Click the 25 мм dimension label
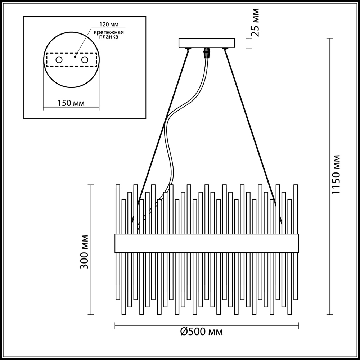click(256, 22)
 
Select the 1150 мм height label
click(336, 175)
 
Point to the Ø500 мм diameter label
click(201, 332)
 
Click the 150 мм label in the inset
click(71, 103)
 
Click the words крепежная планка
click(109, 35)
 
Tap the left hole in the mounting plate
click(59, 60)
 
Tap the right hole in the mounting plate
click(85, 60)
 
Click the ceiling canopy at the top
click(207, 43)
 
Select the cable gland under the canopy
click(207, 53)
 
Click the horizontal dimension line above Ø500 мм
click(206, 325)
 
